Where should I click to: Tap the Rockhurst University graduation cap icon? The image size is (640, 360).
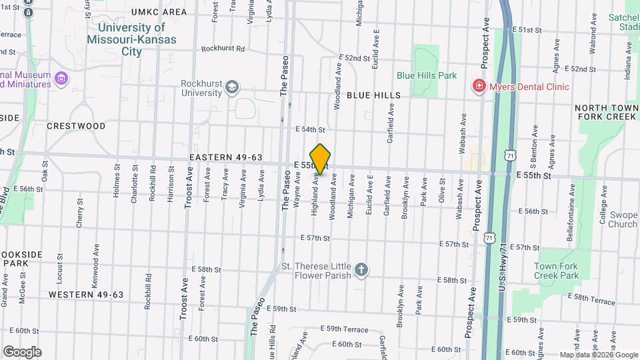232,87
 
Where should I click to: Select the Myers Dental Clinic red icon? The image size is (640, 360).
478,86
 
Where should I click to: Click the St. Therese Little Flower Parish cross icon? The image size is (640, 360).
361,270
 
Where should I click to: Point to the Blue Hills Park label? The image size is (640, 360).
427,75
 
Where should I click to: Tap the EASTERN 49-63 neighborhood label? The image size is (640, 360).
225,157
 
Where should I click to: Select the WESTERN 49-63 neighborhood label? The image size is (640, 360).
86,294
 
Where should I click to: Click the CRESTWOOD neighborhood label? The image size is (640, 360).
76,125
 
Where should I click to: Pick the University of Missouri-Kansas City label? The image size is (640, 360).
131,39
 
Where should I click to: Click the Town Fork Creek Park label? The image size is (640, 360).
556,271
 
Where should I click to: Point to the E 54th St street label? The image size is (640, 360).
310,129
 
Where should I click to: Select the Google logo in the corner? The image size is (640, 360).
22,351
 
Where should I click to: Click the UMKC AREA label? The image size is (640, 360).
159,12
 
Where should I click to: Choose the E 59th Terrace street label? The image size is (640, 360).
344,329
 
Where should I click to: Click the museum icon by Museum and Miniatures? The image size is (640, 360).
62,79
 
